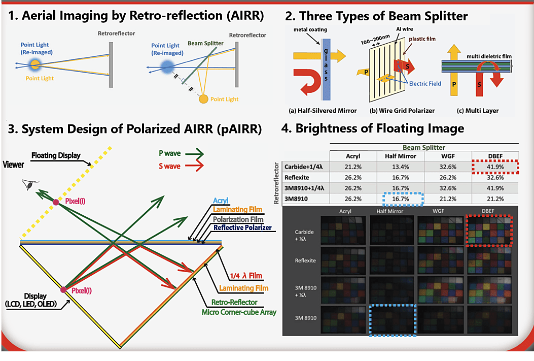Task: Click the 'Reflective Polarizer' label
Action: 243,228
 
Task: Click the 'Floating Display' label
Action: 56,155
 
